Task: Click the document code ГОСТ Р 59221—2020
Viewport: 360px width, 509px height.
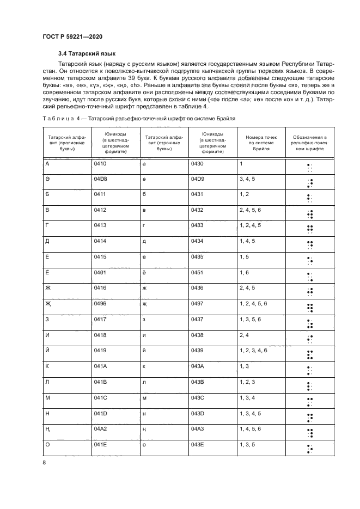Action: [x=72, y=36]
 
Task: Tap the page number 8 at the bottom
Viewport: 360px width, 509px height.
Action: [x=44, y=462]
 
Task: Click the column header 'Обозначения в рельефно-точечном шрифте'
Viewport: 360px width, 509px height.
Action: [x=309, y=144]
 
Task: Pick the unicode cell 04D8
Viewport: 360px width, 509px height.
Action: [x=101, y=179]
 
